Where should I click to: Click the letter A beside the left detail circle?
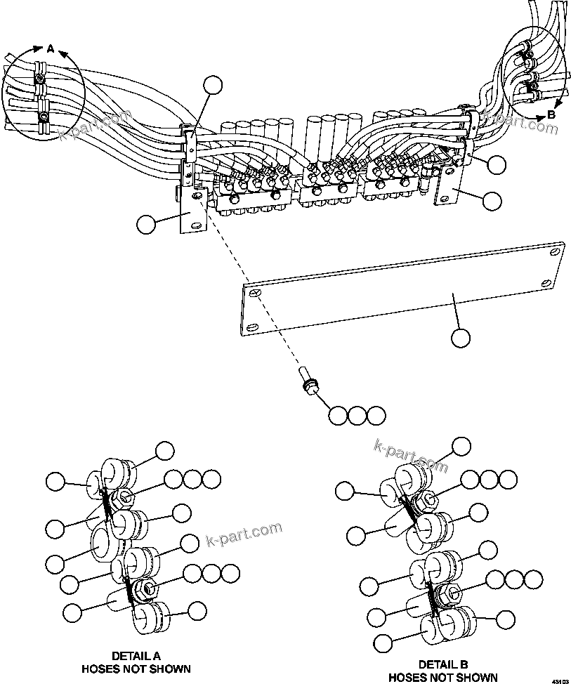(50, 48)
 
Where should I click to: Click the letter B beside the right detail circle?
(552, 114)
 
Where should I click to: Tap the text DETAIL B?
(443, 664)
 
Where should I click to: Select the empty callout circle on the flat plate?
(460, 338)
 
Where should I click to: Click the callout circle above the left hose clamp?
(212, 86)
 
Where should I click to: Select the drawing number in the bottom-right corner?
(559, 680)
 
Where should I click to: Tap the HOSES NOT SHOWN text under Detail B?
(443, 678)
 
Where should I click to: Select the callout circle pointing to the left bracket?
(147, 225)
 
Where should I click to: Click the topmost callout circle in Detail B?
(461, 446)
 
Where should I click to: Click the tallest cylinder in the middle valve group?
(313, 141)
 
